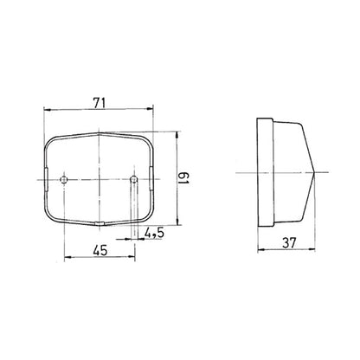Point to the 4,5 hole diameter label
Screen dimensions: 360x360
pos(156,233)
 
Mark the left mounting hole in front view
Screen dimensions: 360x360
pos(66,178)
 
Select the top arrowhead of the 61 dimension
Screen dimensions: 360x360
pos(179,136)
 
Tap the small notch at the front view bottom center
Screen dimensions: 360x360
pos(101,223)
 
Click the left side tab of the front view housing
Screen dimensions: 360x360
pos(44,178)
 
